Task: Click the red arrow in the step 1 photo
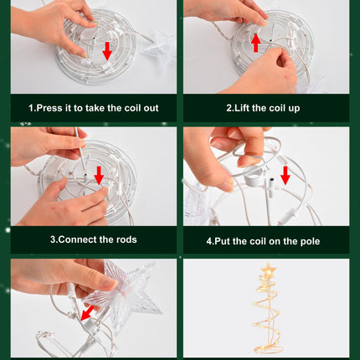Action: pos(107,51)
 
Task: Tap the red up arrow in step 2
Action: pos(256,43)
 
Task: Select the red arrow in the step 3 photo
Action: pos(99,175)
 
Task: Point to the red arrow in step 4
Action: pos(285,175)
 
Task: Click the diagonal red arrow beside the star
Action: pos(87,313)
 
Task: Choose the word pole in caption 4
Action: pos(310,241)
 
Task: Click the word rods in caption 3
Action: pos(126,239)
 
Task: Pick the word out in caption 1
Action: pos(151,108)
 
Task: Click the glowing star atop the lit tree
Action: pos(269,270)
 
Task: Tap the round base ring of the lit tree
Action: pos(268,348)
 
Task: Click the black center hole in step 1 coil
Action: pos(95,38)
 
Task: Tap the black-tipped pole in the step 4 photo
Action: pos(270,188)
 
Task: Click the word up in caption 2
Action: pos(294,109)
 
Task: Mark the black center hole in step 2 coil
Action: pos(270,41)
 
